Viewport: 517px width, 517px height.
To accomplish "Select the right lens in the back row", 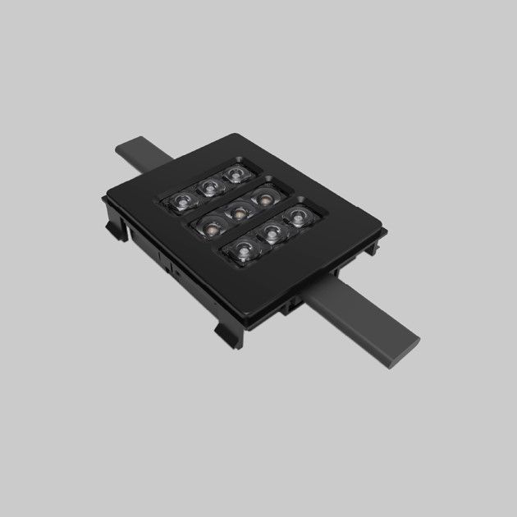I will pos(237,174).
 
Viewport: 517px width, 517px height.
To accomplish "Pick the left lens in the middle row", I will pos(208,223).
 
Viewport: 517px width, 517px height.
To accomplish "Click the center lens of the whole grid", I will pos(239,211).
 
